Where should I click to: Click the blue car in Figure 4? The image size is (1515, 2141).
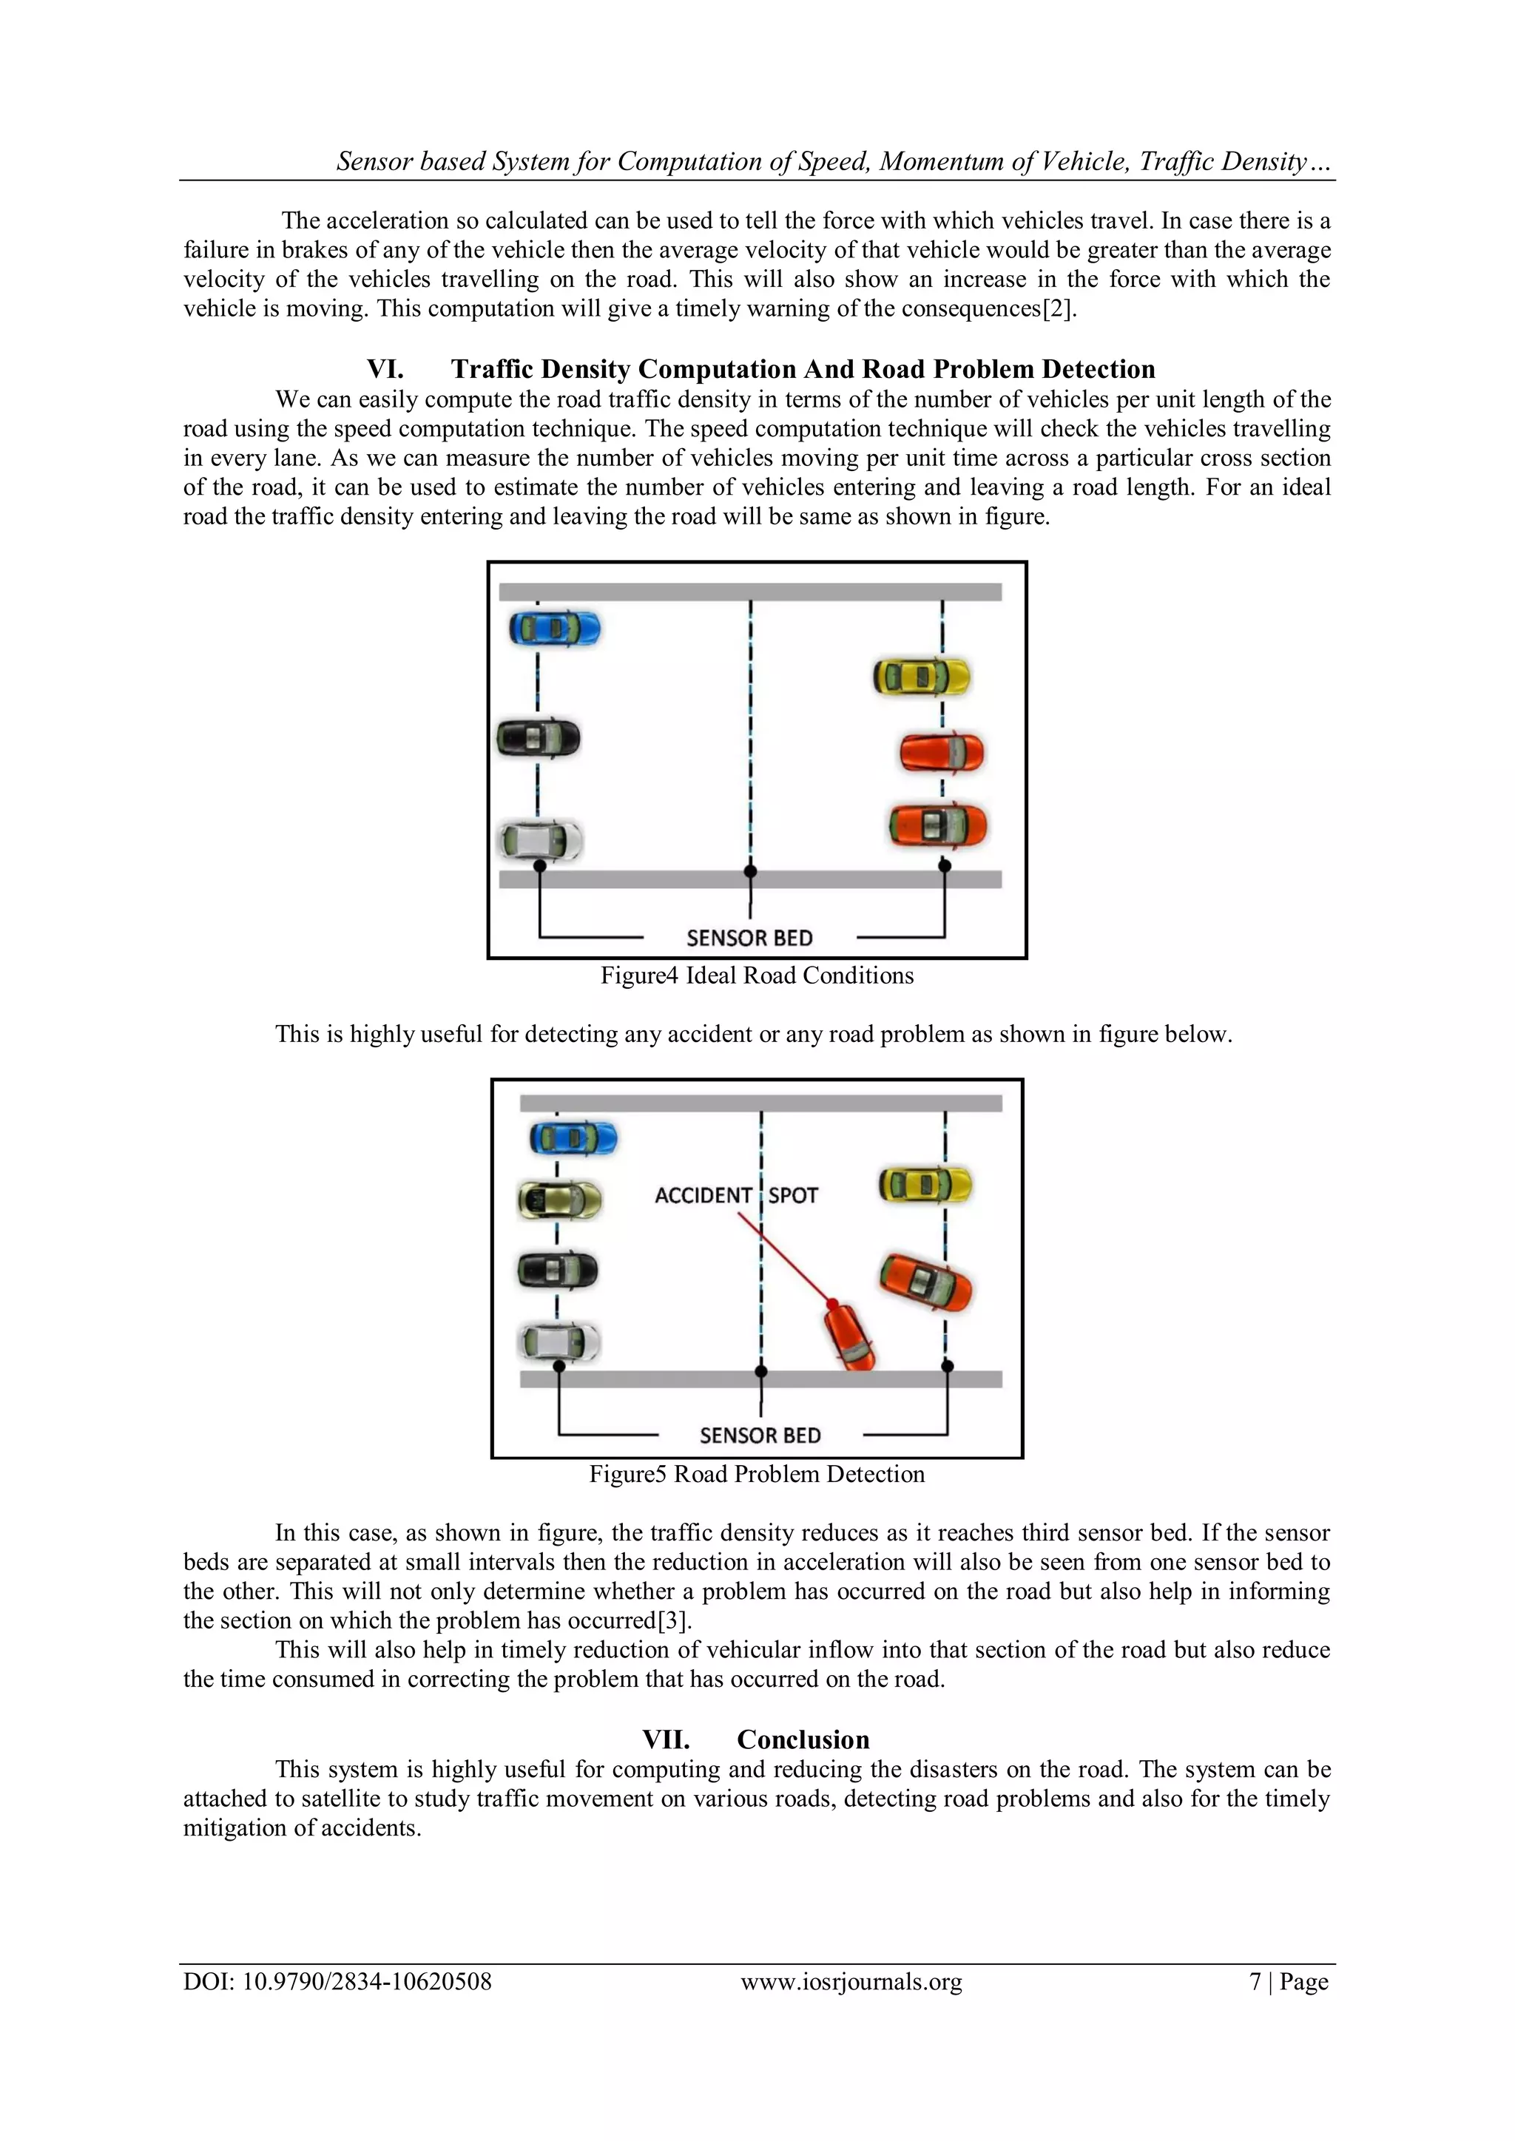coord(554,629)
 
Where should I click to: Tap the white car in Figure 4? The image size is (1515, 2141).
coord(540,840)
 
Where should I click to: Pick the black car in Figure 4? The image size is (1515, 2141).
coord(539,739)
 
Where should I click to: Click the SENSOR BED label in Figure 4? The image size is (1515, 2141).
coord(749,938)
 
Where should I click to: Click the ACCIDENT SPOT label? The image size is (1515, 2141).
coord(735,1195)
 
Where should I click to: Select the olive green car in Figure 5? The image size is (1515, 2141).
coord(559,1200)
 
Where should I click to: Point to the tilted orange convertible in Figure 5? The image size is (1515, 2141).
coord(925,1283)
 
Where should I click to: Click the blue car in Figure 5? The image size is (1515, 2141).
coord(573,1137)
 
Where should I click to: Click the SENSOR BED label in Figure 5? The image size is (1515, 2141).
coord(760,1435)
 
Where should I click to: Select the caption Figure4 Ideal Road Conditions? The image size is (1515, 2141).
coord(757,975)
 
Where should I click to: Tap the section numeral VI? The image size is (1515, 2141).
coord(385,369)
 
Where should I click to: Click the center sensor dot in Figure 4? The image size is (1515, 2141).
coord(750,872)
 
